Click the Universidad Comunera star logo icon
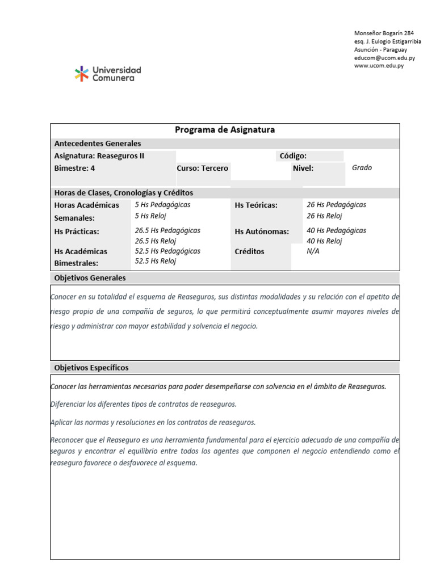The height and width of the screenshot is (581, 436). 82,74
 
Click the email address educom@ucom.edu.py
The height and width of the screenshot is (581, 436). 384,58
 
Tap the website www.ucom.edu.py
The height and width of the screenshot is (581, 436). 379,66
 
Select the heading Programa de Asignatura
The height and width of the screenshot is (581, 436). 225,130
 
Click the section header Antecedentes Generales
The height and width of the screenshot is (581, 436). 98,144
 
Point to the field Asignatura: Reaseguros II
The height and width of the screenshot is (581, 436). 99,156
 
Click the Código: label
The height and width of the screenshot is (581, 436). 293,156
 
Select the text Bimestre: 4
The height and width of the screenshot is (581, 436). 74,168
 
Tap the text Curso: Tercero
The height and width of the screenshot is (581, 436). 202,168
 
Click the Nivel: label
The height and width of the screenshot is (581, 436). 303,168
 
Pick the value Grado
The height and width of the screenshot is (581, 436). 362,168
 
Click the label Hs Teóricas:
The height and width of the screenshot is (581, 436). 256,205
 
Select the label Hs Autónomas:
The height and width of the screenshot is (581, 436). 262,231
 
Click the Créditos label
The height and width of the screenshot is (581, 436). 249,251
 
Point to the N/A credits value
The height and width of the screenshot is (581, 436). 313,251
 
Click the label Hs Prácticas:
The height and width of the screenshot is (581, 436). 77,231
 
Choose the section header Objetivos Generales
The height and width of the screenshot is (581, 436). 90,278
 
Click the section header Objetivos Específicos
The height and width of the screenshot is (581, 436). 91,368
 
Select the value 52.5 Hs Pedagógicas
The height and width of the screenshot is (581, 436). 167,251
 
